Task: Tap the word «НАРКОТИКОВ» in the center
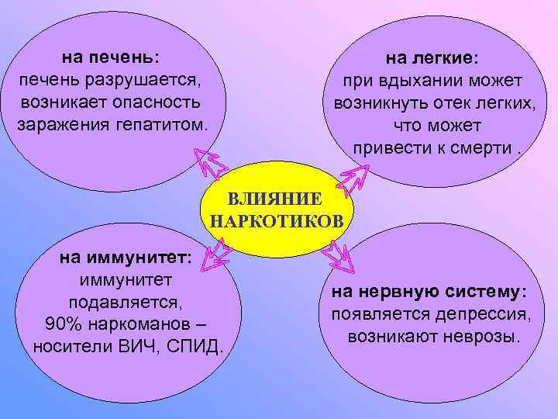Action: click(x=277, y=223)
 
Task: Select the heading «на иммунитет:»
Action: click(x=127, y=259)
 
